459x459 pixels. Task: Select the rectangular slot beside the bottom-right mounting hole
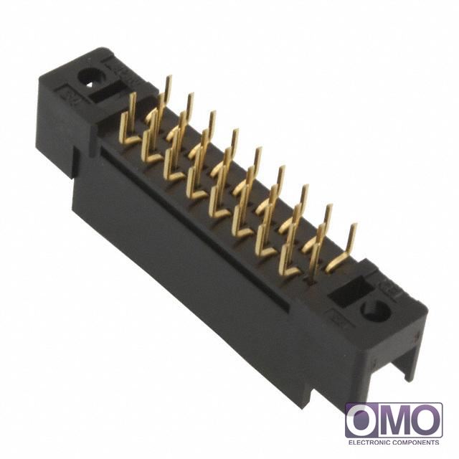[350, 292]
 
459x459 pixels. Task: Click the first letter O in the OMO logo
[362, 420]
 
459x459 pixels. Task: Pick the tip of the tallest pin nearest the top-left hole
[169, 78]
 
